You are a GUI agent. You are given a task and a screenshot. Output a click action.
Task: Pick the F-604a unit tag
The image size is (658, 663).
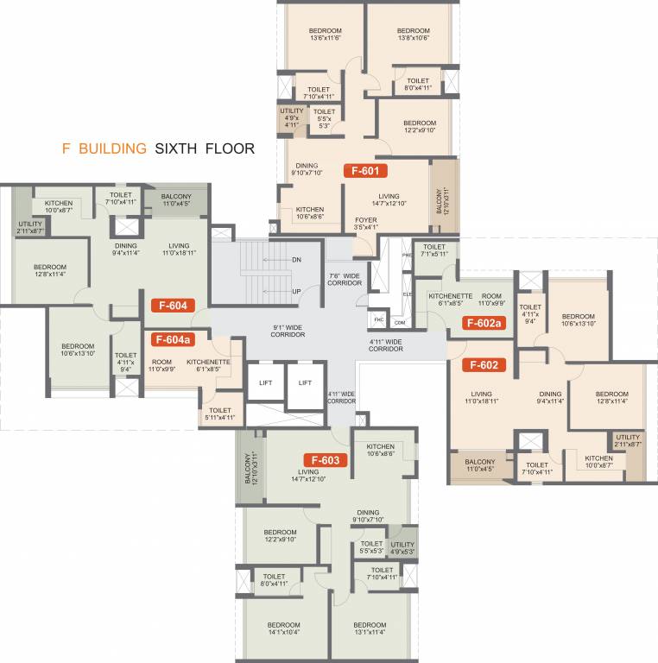(x=175, y=340)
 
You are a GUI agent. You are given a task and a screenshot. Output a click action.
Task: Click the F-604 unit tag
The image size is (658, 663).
(x=172, y=304)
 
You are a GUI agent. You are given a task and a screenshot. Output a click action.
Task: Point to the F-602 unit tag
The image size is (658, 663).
(x=483, y=364)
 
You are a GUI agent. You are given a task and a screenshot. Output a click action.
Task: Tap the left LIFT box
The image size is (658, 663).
(x=265, y=382)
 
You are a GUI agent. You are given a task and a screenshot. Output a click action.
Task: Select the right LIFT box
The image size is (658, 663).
(x=305, y=382)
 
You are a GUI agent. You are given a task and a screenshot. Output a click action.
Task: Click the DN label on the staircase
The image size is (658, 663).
(x=296, y=260)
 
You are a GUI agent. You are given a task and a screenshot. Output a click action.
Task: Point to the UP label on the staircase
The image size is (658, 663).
(x=296, y=291)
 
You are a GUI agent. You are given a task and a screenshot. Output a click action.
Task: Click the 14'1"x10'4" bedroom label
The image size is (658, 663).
(x=283, y=628)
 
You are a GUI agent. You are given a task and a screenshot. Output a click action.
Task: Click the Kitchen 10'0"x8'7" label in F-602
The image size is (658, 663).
(x=598, y=462)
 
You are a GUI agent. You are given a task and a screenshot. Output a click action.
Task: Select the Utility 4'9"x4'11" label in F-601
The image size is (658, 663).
(x=290, y=117)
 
